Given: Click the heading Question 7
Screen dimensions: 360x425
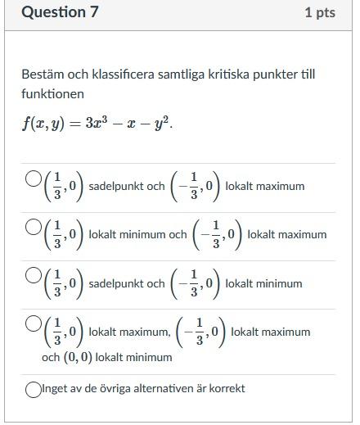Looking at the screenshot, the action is tap(55, 12).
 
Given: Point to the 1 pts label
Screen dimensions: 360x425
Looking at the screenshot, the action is tap(319, 13).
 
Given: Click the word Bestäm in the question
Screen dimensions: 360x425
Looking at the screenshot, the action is tap(40, 75).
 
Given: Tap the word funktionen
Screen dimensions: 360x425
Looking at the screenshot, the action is tap(52, 94).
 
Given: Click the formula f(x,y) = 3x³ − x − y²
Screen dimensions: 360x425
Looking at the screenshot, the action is tap(97, 124).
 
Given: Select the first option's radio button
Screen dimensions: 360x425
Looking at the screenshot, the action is tap(34, 179).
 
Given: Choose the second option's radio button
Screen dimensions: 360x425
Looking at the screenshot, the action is tap(34, 227).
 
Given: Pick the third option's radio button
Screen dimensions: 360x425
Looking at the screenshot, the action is tap(34, 276).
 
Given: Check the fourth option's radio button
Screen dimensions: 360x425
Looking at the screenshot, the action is tap(34, 324).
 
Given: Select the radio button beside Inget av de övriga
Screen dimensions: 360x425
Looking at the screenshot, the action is tap(34, 390).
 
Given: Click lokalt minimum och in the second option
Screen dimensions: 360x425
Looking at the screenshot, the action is tap(137, 235).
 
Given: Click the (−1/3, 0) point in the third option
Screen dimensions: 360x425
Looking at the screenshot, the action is tap(195, 284).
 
